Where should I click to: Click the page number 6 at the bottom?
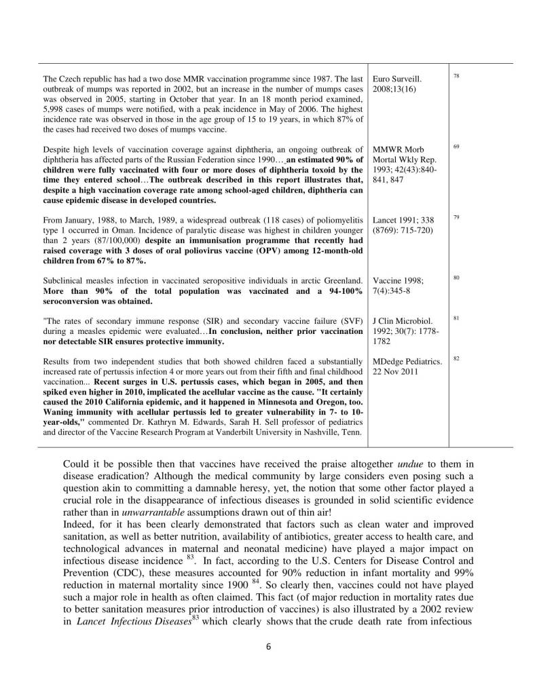pyautogui.click(x=268, y=646)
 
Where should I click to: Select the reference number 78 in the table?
pyautogui.click(x=456, y=76)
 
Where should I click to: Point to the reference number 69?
pyautogui.click(x=456, y=146)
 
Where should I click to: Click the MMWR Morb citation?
pyautogui.click(x=397, y=149)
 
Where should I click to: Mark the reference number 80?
pyautogui.click(x=456, y=277)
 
